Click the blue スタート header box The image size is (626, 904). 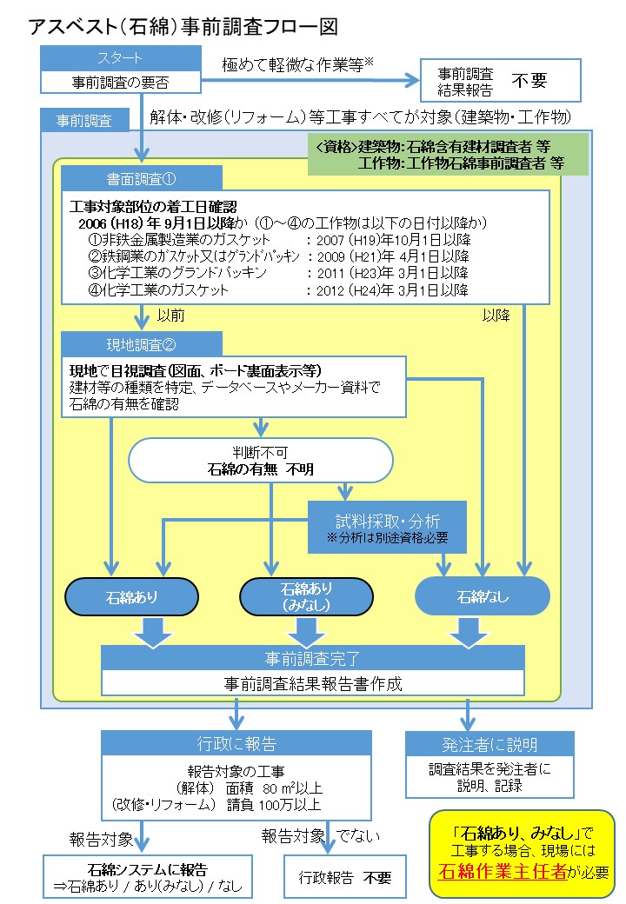click(x=121, y=58)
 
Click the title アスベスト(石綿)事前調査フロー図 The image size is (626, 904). click(x=183, y=26)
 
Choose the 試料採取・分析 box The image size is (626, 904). click(x=388, y=527)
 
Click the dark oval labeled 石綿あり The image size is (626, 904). click(x=131, y=597)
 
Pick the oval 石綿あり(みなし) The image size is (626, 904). click(x=307, y=597)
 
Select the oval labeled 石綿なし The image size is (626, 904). click(x=483, y=597)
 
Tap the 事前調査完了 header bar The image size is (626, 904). click(x=313, y=658)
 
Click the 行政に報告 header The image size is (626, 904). click(x=236, y=743)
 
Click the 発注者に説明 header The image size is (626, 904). click(x=489, y=744)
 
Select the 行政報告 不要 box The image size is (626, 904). click(x=344, y=877)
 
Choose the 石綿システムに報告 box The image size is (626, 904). click(x=148, y=877)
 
